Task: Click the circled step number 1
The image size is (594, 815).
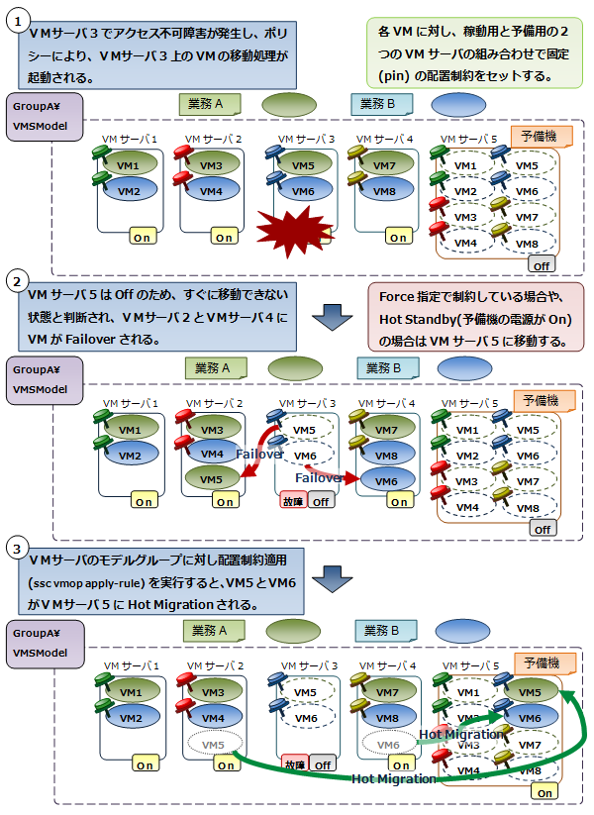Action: coord(15,24)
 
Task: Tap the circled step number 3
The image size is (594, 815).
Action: coord(15,547)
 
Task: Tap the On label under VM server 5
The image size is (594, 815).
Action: coord(543,792)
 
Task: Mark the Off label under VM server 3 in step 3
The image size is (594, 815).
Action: coord(321,764)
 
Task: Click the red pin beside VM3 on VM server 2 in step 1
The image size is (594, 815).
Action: coord(186,155)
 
